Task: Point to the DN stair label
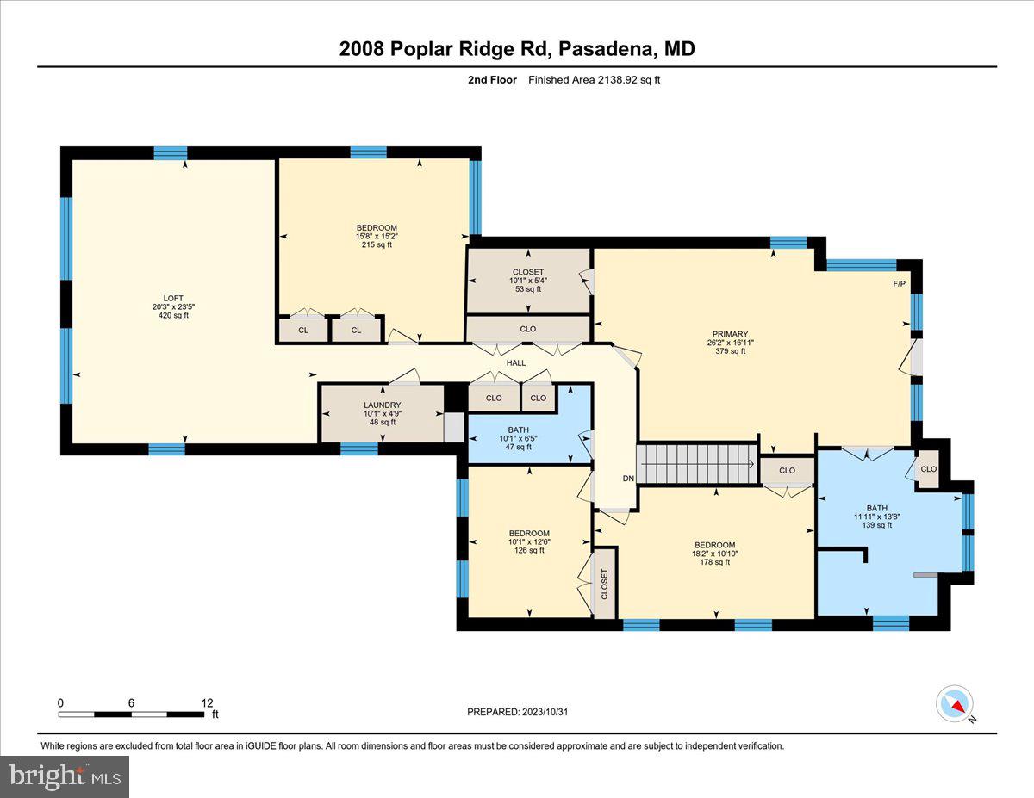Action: tap(629, 479)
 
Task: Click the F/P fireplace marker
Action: tap(899, 284)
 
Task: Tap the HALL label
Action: tap(515, 363)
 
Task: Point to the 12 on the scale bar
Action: tap(207, 702)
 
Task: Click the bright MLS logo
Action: tap(65, 776)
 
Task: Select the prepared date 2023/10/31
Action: tap(517, 712)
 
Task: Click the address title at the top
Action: tap(517, 49)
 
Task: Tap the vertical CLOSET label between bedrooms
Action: tap(604, 585)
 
